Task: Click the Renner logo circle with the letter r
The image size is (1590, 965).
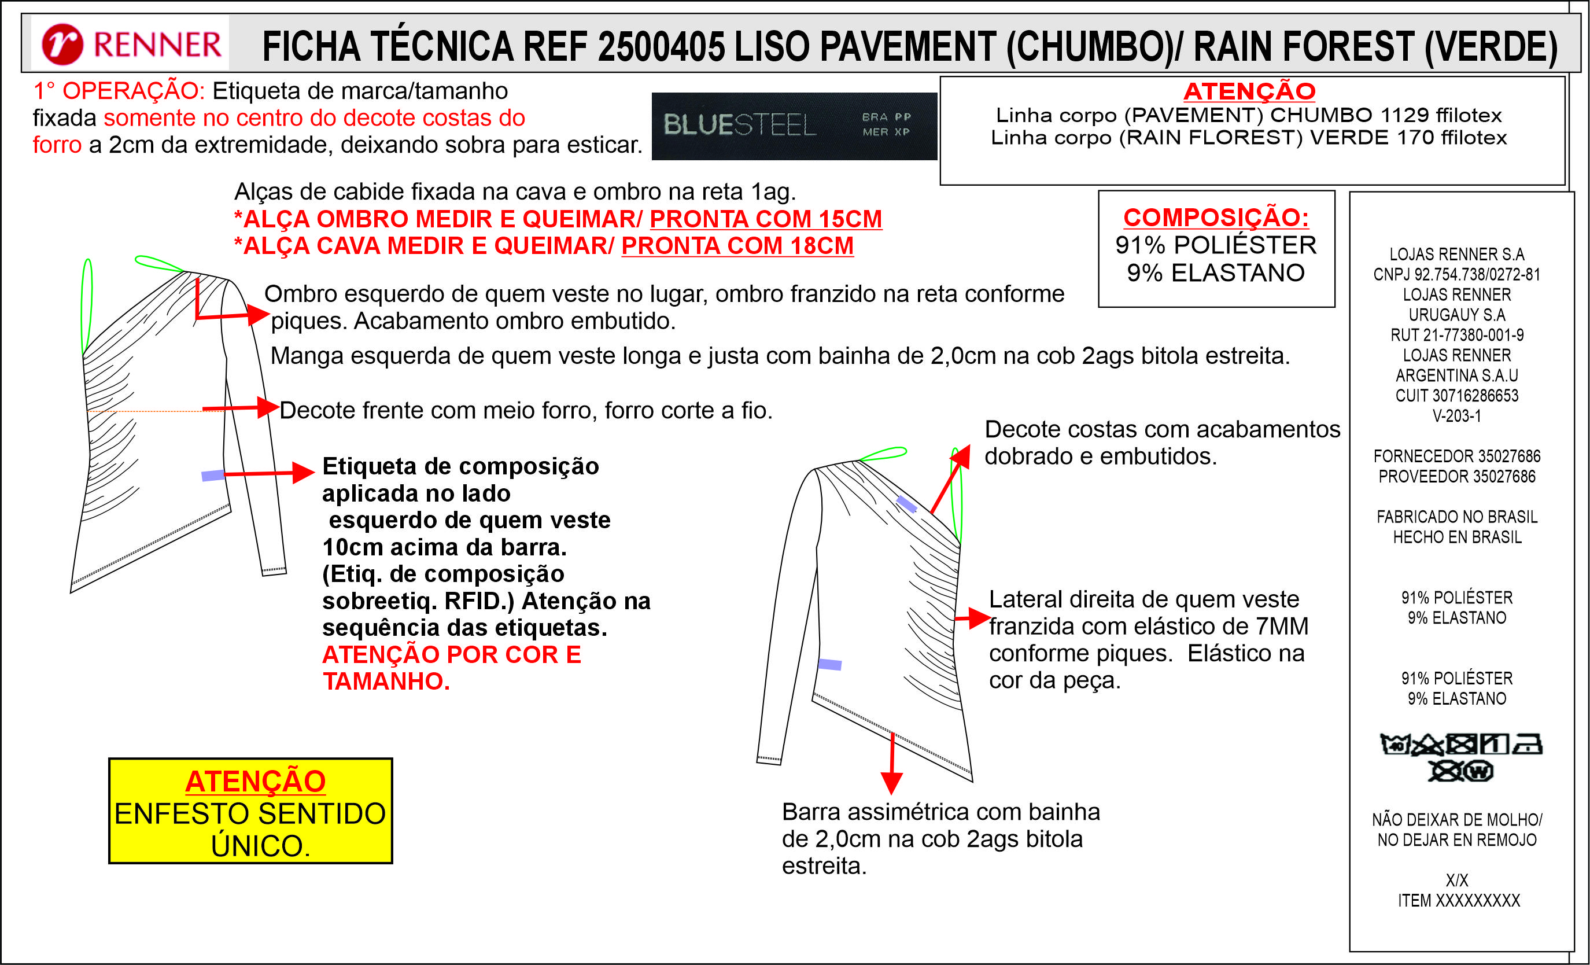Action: pyautogui.click(x=62, y=45)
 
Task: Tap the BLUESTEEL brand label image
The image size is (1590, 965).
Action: pyautogui.click(x=794, y=126)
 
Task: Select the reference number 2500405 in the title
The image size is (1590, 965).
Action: pyautogui.click(x=662, y=46)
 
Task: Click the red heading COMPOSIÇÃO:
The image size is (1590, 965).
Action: pyautogui.click(x=1216, y=218)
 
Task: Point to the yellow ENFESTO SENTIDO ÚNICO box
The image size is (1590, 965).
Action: pyautogui.click(x=250, y=811)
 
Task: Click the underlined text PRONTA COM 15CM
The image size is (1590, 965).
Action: pyautogui.click(x=765, y=219)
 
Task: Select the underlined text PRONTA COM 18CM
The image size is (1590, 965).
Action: pyautogui.click(x=737, y=246)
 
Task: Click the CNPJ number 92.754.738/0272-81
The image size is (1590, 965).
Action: pyautogui.click(x=1456, y=274)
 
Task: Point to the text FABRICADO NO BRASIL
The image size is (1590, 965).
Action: pyautogui.click(x=1456, y=517)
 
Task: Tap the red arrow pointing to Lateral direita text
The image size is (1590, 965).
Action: pyautogui.click(x=971, y=618)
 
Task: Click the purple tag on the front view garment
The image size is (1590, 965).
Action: pyautogui.click(x=213, y=476)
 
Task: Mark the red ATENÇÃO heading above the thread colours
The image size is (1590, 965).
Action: pyautogui.click(x=1249, y=91)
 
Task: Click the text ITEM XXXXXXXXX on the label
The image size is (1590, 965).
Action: pyautogui.click(x=1458, y=900)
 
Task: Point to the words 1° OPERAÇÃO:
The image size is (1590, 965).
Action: pyautogui.click(x=119, y=91)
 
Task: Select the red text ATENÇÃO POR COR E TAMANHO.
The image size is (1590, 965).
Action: pyautogui.click(x=451, y=668)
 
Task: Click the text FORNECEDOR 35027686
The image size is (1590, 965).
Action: pyautogui.click(x=1456, y=456)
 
